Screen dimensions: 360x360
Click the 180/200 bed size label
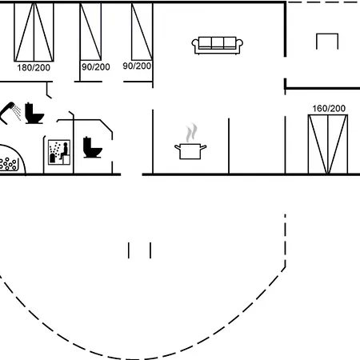pos(34,67)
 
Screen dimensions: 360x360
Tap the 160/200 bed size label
pos(329,108)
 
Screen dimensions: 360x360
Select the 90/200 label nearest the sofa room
pos(137,66)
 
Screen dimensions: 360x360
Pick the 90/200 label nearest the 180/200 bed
pos(96,66)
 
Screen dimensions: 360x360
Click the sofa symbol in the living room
pos(218,46)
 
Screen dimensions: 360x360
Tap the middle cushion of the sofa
pos(218,42)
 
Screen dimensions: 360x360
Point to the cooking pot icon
pos(190,151)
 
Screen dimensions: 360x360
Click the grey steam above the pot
pos(191,133)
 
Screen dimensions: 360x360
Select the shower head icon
pos(7,112)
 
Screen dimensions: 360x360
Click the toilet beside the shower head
pos(34,114)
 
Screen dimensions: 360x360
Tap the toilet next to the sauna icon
pos(92,147)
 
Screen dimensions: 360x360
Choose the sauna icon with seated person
pos(59,152)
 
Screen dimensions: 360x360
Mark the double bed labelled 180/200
pos(34,32)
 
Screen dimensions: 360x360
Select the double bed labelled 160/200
pos(328,144)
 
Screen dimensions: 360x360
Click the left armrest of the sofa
pos(195,43)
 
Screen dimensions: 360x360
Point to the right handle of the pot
pos(203,146)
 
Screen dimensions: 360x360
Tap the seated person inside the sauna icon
pos(65,151)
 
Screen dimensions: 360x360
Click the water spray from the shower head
pos(18,113)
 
